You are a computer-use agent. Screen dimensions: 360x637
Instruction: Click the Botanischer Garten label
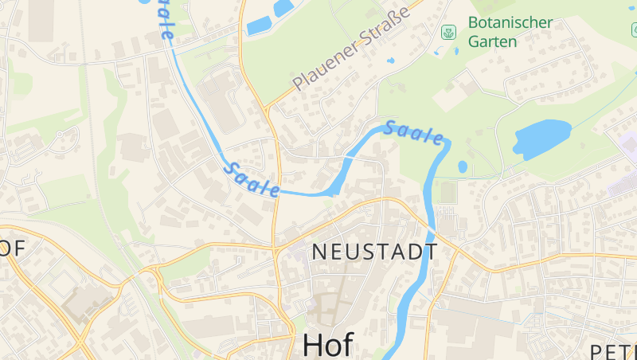[510, 32]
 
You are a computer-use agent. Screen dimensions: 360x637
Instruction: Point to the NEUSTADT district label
[374, 252]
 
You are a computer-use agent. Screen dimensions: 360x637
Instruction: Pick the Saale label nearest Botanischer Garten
[413, 133]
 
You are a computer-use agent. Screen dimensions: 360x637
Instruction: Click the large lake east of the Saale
[541, 137]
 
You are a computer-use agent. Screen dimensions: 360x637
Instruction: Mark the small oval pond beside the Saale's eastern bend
[463, 167]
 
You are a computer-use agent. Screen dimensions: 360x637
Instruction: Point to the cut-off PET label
[613, 351]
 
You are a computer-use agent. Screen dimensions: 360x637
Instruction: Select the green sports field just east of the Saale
[447, 192]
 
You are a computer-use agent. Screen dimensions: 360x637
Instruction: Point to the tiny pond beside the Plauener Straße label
[390, 61]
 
